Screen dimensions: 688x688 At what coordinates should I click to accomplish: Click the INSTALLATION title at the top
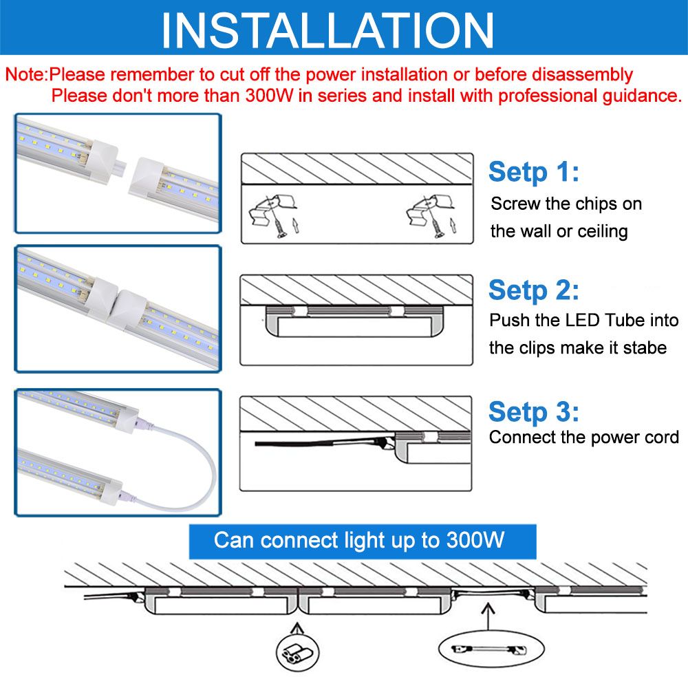[327, 30]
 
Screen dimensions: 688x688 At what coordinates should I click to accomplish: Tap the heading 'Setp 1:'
[534, 171]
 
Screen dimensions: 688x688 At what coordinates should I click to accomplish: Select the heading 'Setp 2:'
[534, 290]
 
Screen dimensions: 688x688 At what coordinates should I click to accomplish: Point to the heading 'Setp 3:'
[534, 411]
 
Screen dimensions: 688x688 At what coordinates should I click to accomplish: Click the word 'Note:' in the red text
[26, 74]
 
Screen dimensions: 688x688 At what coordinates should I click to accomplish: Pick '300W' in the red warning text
[268, 95]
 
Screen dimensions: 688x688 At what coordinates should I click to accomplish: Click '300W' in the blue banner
[475, 539]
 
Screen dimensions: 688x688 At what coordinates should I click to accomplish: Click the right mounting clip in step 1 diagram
[430, 210]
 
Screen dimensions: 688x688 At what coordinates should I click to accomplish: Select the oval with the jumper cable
[491, 649]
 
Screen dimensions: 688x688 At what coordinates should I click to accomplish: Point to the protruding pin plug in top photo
[119, 166]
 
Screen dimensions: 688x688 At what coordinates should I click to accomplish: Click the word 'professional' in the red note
[548, 95]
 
